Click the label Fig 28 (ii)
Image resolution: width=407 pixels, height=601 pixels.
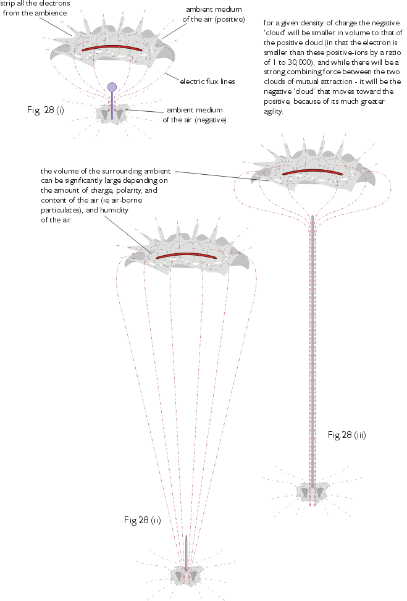coord(142,520)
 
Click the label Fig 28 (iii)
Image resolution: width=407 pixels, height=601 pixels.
coord(346,435)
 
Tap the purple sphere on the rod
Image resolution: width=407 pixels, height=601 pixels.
coord(112,87)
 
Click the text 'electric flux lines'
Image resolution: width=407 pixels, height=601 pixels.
coord(207,81)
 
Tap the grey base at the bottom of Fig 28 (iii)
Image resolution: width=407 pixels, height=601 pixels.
coord(313,490)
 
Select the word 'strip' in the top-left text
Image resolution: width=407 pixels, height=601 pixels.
coord(8,3)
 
